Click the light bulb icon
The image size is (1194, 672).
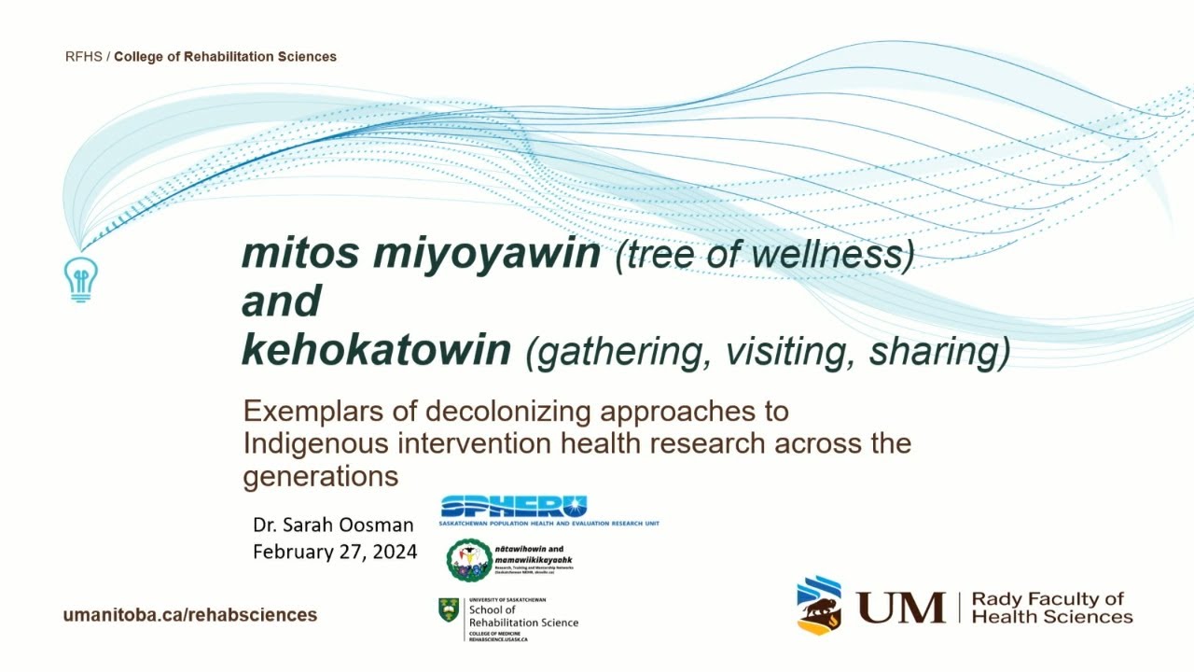click(x=80, y=279)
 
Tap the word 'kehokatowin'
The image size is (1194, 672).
click(x=376, y=349)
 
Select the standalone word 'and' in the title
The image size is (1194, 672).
click(x=281, y=301)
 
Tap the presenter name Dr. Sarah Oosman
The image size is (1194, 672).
click(x=333, y=525)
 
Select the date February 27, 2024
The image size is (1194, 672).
click(x=334, y=552)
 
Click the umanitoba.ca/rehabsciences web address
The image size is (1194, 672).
click(x=190, y=614)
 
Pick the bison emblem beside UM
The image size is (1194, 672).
click(x=819, y=605)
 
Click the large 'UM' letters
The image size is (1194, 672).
click(x=901, y=608)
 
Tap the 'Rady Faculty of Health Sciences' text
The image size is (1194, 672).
click(x=1051, y=608)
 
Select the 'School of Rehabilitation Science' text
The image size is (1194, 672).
click(x=522, y=616)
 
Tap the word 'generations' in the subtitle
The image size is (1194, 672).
click(x=320, y=476)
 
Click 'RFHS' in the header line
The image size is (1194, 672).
click(x=83, y=57)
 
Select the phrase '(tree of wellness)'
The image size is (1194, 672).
click(x=764, y=254)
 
